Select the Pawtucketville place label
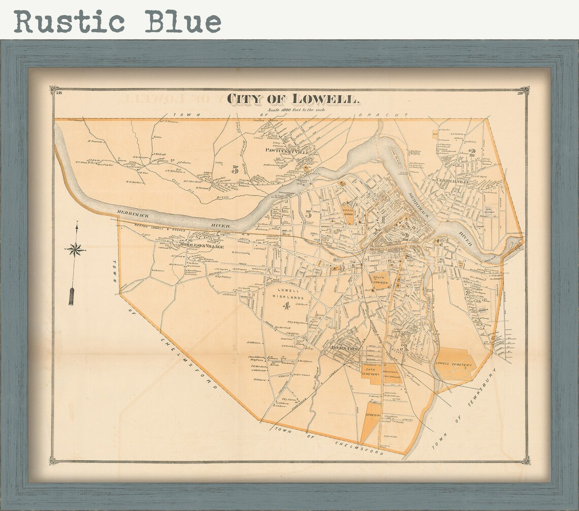tap(284, 150)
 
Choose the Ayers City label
tap(344, 348)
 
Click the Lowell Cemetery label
tap(455, 365)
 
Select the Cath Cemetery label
tap(370, 372)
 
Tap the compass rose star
tap(75, 249)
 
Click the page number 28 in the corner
tap(58, 93)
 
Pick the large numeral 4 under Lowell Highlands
tap(287, 306)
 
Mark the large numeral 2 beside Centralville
tap(472, 151)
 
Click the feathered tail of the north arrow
tap(72, 296)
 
